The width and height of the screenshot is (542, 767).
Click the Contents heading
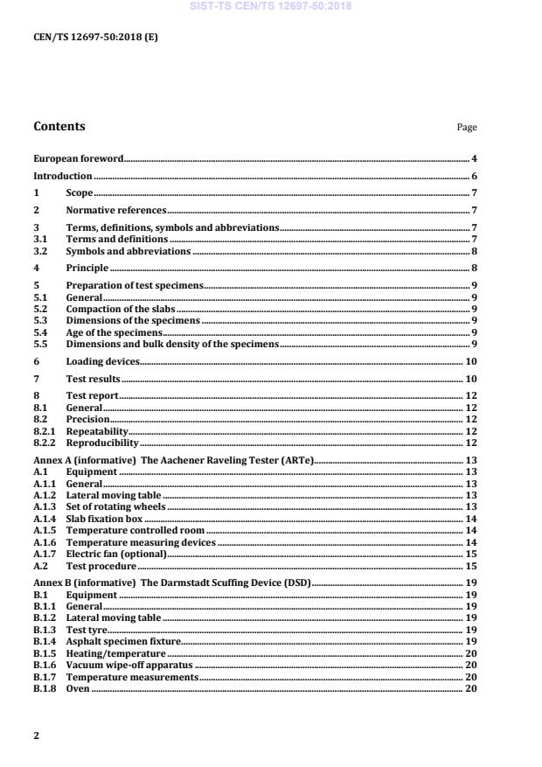coord(59,126)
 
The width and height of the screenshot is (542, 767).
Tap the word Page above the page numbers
coord(467,128)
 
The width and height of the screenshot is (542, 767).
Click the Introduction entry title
coord(63,176)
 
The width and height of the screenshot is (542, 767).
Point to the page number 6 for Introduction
coord(474,176)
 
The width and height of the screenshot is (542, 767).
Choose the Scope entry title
coord(80,192)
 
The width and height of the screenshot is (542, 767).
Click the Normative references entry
coord(116,210)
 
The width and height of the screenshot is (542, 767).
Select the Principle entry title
coord(87,268)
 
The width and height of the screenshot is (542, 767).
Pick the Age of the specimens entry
coord(115,332)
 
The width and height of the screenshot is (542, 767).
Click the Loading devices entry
coord(102,361)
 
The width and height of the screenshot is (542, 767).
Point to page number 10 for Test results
coord(470,379)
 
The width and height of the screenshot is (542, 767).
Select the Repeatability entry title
coord(97,431)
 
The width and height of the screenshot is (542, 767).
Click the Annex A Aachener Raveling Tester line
coord(173,460)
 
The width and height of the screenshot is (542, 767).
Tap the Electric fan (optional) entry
coord(116,554)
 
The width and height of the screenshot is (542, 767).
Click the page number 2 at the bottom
coord(36,735)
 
